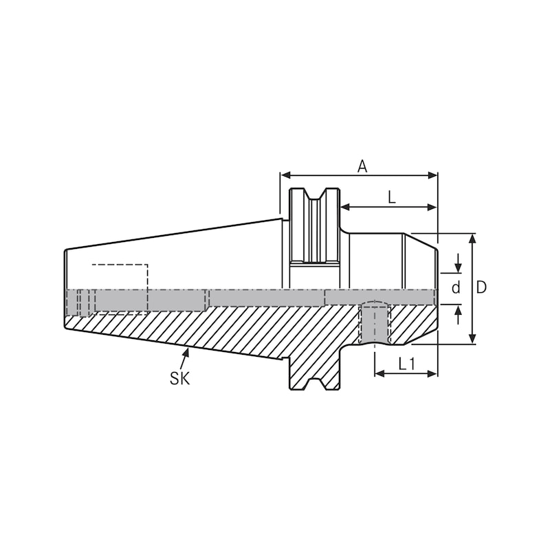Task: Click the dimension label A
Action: pos(362,166)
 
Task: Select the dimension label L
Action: pos(391,197)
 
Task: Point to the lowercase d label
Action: pos(455,288)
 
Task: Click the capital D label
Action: pos(481,287)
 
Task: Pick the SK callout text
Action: pos(179,377)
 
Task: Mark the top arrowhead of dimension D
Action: pos(472,238)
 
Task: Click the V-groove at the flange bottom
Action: pos(314,384)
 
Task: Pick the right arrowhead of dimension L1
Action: pos(433,373)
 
